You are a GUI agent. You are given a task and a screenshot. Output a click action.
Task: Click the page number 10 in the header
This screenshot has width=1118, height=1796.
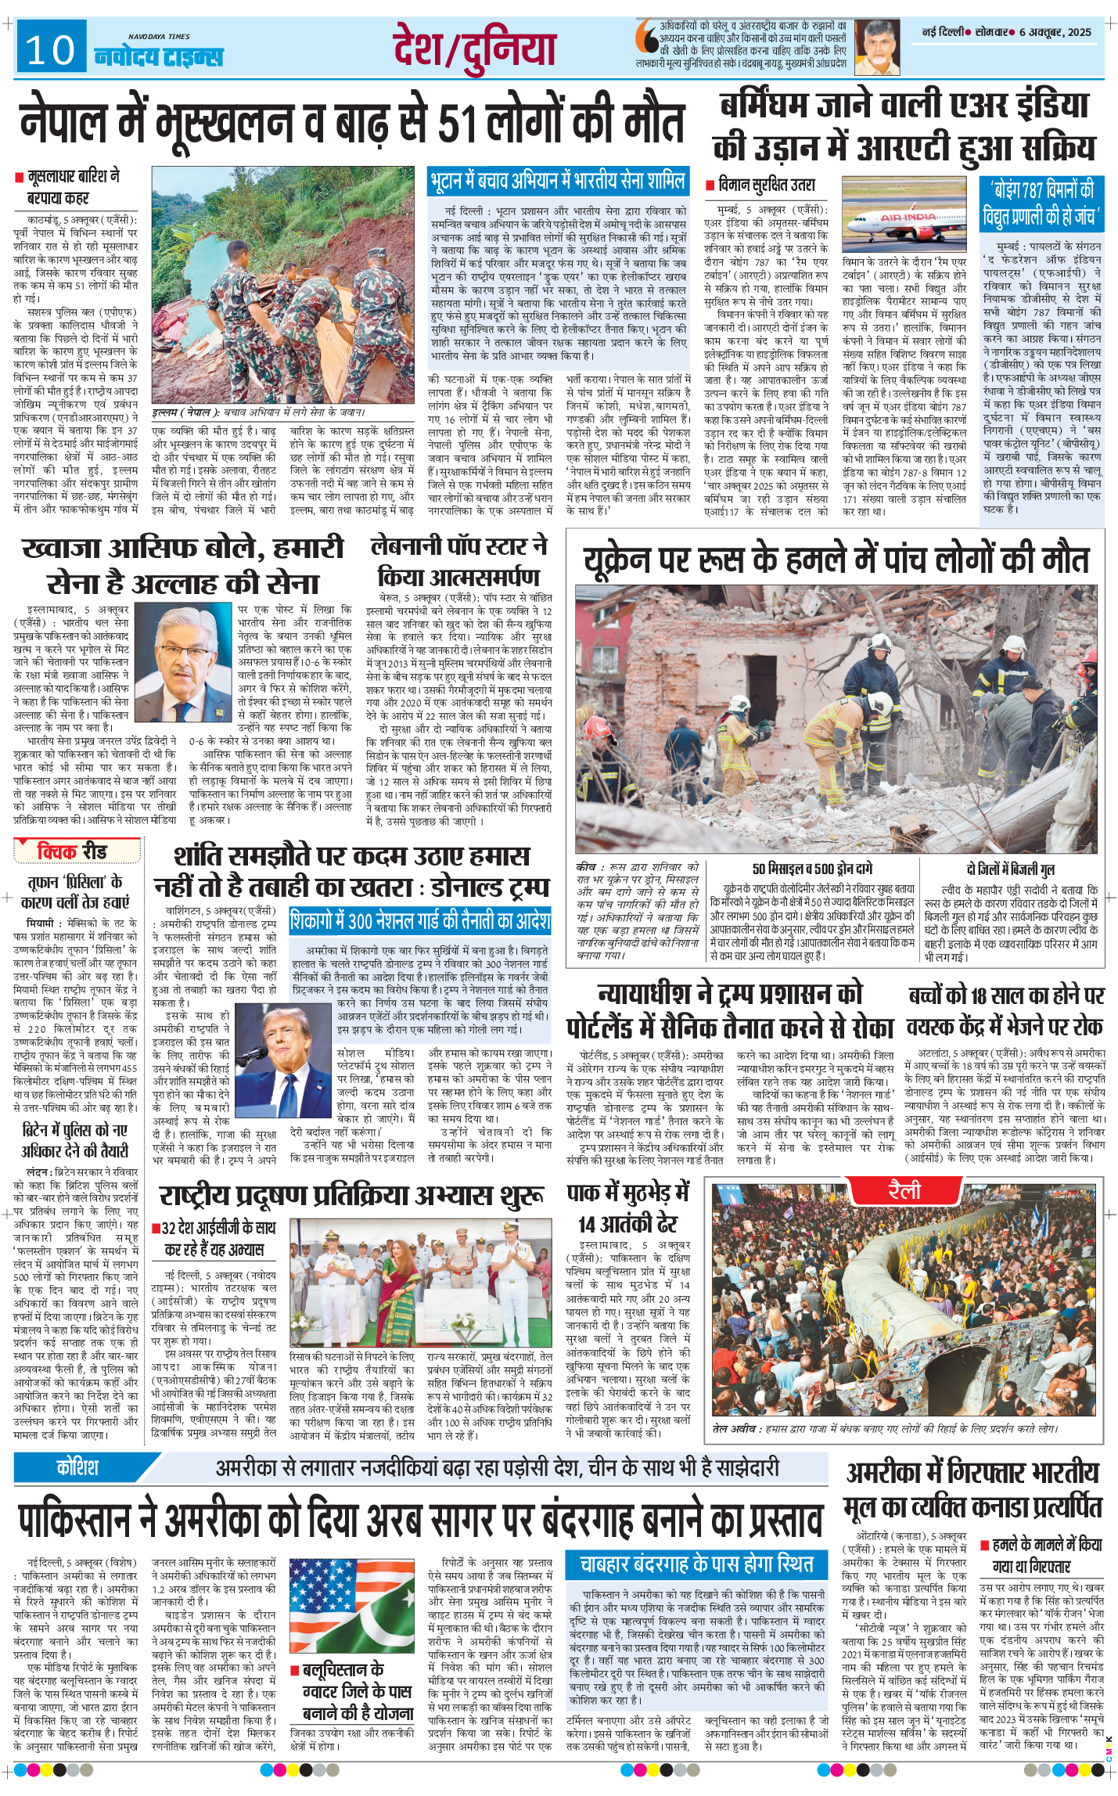tap(50, 50)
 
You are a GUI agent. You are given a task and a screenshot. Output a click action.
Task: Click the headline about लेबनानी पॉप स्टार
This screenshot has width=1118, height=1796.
tap(459, 561)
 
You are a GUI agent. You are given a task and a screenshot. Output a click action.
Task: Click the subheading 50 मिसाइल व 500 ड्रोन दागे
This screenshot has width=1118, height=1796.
tap(812, 868)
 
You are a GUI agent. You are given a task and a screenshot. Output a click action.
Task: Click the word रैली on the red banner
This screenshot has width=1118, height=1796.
tap(904, 1191)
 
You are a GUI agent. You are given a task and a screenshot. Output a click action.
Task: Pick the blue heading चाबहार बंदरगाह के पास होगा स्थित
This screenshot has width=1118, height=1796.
tap(696, 1564)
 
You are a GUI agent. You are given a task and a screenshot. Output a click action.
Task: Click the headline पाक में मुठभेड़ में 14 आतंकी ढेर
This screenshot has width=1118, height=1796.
tap(627, 1208)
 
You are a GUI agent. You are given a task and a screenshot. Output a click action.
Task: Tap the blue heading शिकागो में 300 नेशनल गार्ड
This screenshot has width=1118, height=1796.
tap(420, 921)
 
